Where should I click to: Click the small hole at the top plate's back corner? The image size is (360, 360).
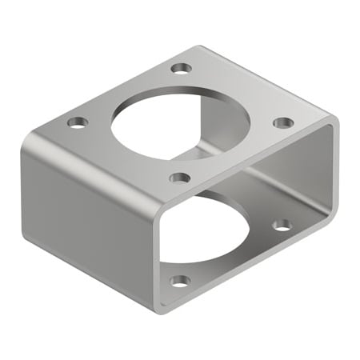coord(182,69)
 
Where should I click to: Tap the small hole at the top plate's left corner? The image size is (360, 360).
coord(77,122)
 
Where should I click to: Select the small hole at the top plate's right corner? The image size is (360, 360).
coord(283,122)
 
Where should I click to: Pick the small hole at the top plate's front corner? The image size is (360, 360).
coord(180,177)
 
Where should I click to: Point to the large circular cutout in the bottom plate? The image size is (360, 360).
coord(210,232)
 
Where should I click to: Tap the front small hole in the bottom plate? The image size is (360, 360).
coord(181,281)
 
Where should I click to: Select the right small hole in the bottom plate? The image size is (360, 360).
coord(282,225)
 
